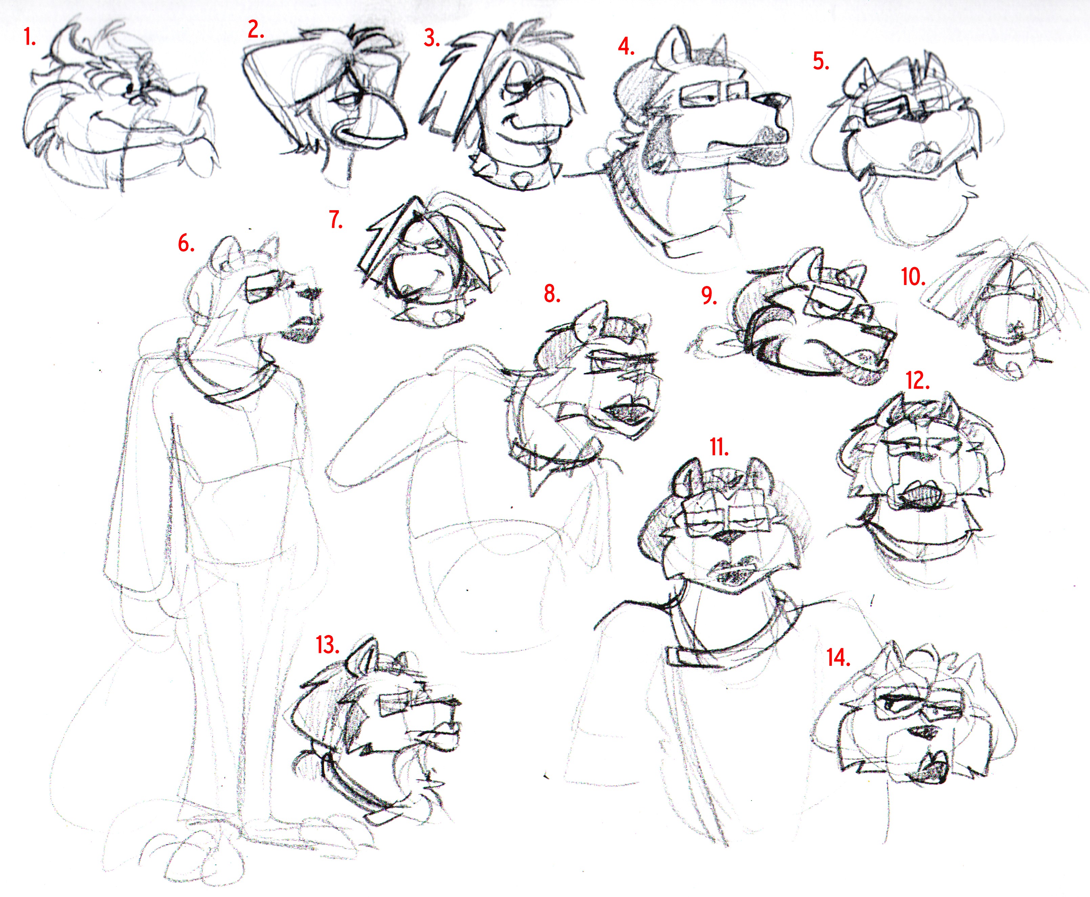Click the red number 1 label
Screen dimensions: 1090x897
coord(30,37)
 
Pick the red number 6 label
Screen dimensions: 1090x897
coord(186,242)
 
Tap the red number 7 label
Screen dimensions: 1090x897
coord(336,220)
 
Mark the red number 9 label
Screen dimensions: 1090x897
coord(709,296)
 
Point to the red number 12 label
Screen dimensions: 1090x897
coord(917,381)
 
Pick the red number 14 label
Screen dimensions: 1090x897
coord(838,658)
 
